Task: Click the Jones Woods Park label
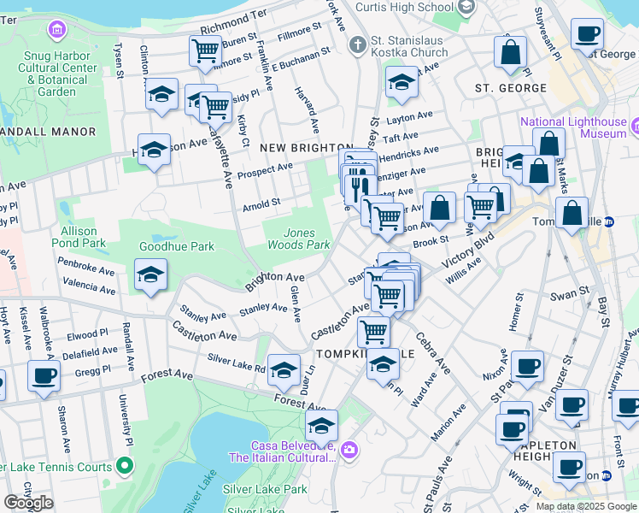pyautogui.click(x=307, y=239)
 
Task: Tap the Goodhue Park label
pyautogui.click(x=176, y=247)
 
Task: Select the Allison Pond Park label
pyautogui.click(x=83, y=237)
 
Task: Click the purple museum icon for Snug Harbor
pyautogui.click(x=57, y=31)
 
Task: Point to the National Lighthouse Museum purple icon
pyautogui.click(x=637, y=127)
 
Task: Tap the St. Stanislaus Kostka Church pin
pyautogui.click(x=357, y=43)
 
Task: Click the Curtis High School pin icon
pyautogui.click(x=466, y=8)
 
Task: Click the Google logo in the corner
pyautogui.click(x=28, y=503)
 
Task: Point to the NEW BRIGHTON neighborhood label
pyautogui.click(x=307, y=148)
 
